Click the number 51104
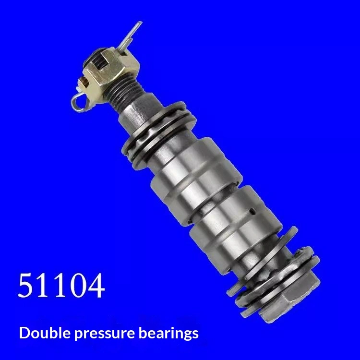61,286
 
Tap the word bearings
168,334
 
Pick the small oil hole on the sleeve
252,211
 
